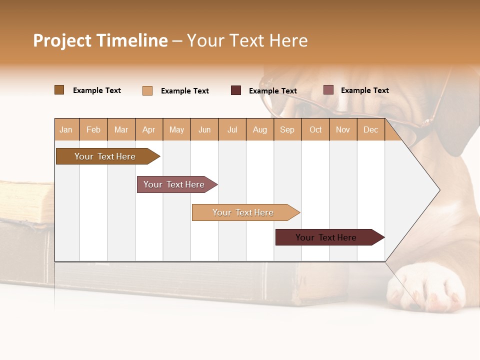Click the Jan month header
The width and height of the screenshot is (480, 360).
click(x=66, y=130)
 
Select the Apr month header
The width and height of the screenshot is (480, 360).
click(x=149, y=130)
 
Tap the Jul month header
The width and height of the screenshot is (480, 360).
click(x=232, y=130)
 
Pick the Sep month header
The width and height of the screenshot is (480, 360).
click(x=287, y=130)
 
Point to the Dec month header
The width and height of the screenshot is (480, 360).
click(x=370, y=130)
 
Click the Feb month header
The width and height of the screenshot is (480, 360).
click(x=93, y=130)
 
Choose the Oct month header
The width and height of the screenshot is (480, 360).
click(x=315, y=130)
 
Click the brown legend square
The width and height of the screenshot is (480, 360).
click(x=59, y=90)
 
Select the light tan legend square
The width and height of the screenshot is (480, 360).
click(x=147, y=90)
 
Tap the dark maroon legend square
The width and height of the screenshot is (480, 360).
click(x=236, y=90)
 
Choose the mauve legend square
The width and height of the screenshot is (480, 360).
click(x=328, y=90)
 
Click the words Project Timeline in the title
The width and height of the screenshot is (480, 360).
click(x=100, y=40)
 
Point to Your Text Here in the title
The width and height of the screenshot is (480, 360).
click(x=247, y=40)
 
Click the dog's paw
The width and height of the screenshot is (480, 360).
click(x=425, y=287)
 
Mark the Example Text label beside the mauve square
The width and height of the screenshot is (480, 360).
click(x=364, y=90)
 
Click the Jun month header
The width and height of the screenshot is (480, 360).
click(x=204, y=130)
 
